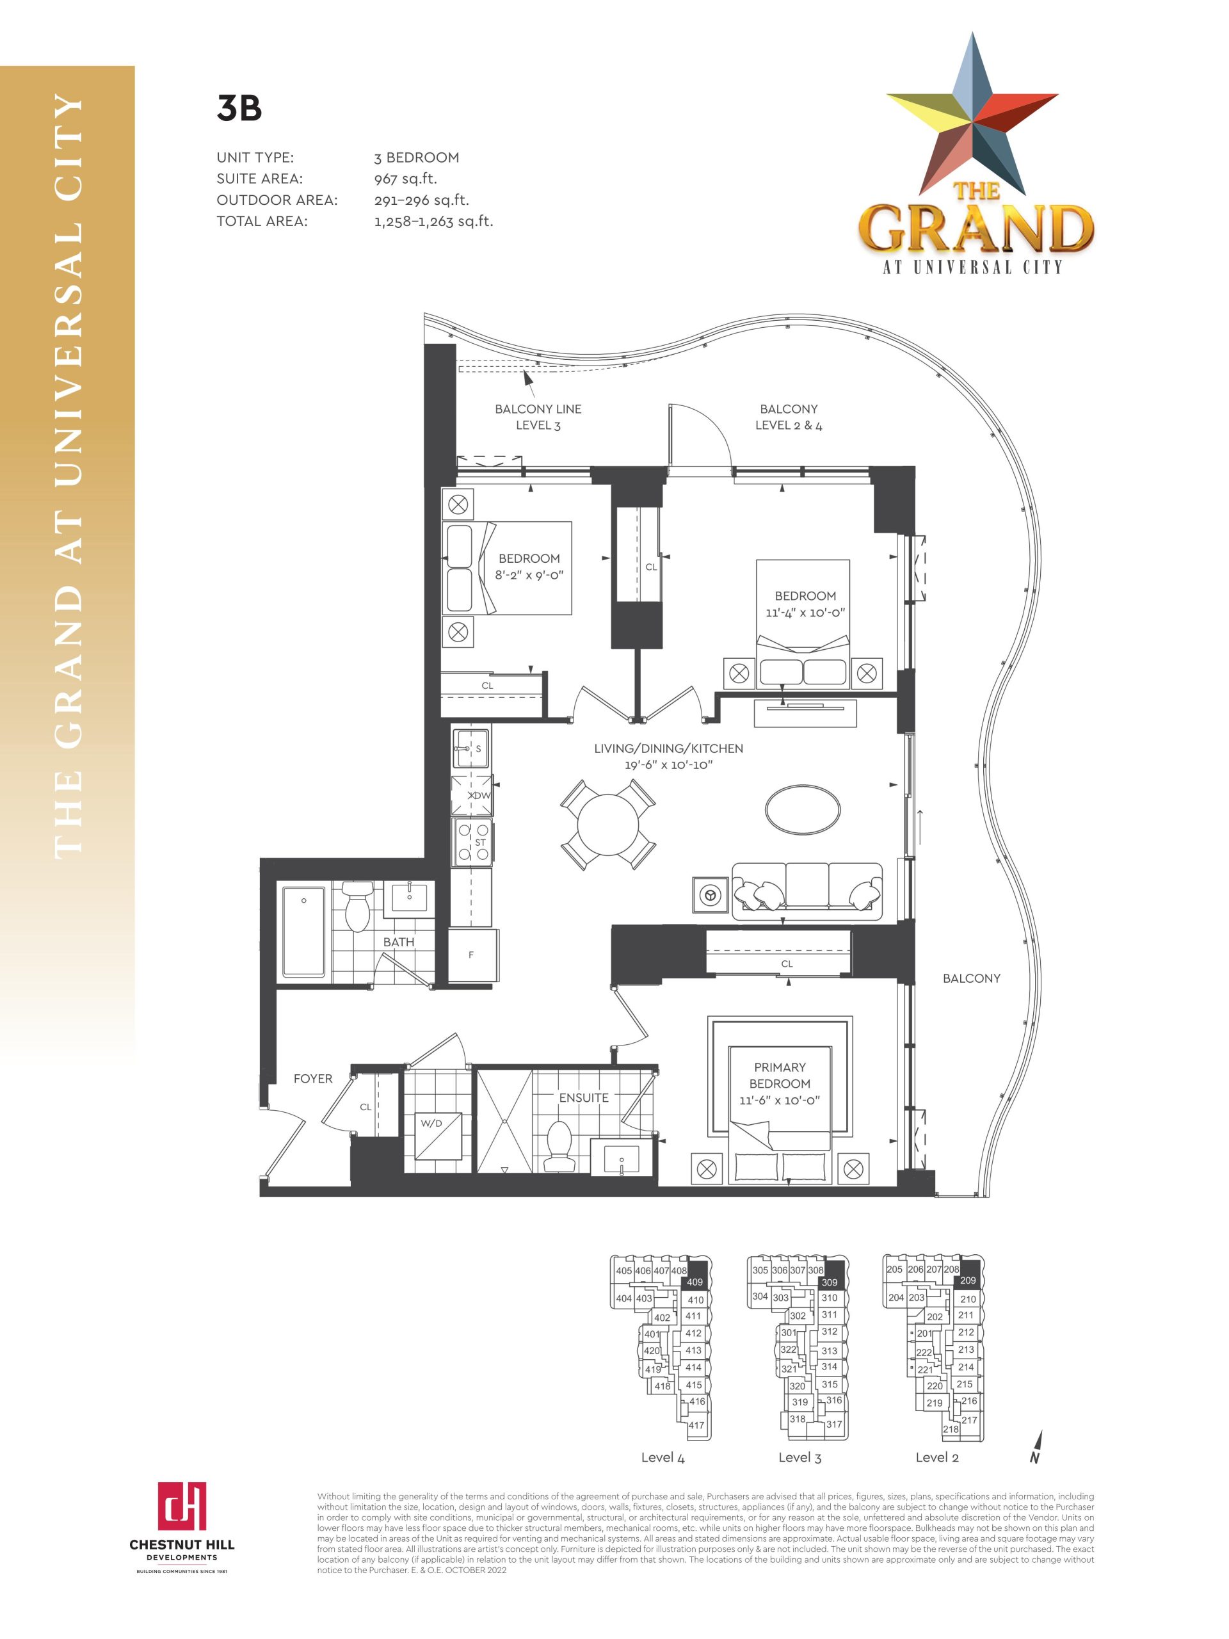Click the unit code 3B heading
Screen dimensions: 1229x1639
pyautogui.click(x=239, y=108)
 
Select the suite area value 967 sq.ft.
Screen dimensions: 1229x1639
pyautogui.click(x=405, y=179)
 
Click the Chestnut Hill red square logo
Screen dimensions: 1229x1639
pyautogui.click(x=182, y=1506)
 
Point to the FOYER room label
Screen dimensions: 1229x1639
pyautogui.click(x=312, y=1079)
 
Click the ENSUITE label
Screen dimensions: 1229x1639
pyautogui.click(x=584, y=1098)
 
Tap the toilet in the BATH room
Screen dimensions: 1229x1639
pyautogui.click(x=357, y=906)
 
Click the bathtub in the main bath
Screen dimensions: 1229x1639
pyautogui.click(x=304, y=932)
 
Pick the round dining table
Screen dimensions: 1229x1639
pyautogui.click(x=607, y=824)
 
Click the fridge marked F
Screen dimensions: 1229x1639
pyautogui.click(x=472, y=955)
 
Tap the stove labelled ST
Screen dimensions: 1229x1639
pyautogui.click(x=472, y=842)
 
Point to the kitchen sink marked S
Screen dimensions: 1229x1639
pyautogui.click(x=471, y=748)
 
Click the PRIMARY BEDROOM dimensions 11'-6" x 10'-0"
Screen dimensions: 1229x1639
pyautogui.click(x=780, y=1101)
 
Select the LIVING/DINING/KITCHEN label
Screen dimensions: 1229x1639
pyautogui.click(x=668, y=748)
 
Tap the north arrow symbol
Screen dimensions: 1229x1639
pyautogui.click(x=1036, y=1447)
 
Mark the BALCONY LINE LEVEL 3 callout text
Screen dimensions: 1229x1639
pyautogui.click(x=538, y=417)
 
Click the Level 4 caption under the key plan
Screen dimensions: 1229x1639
pyautogui.click(x=663, y=1457)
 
